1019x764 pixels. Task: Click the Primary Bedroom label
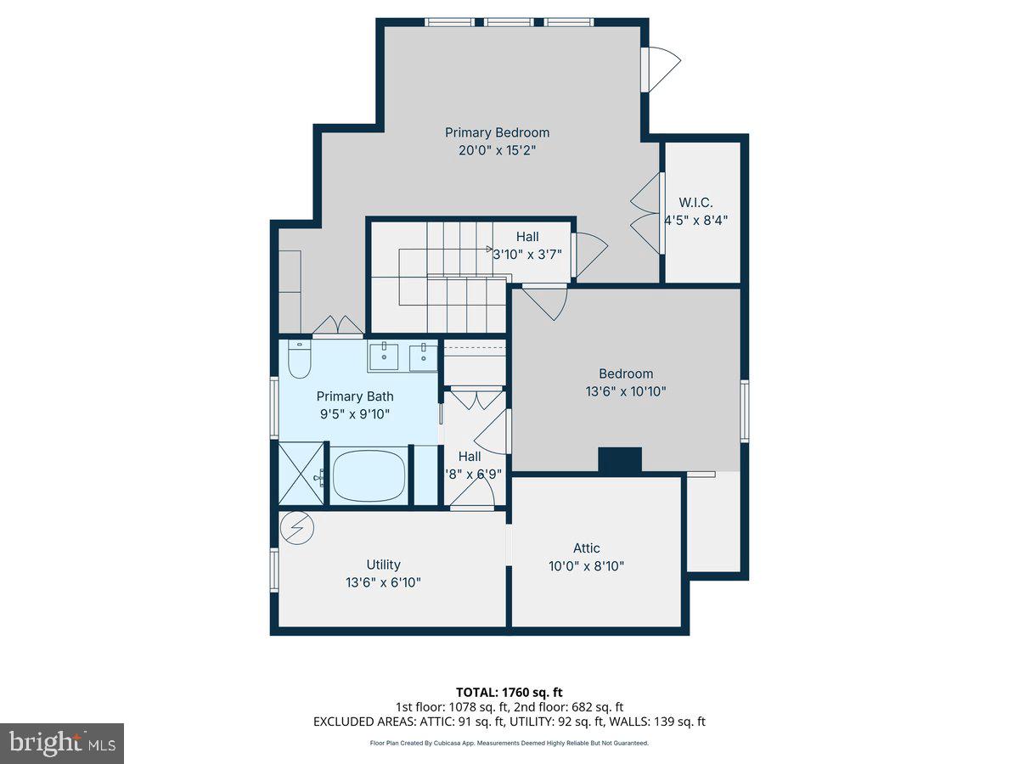(497, 132)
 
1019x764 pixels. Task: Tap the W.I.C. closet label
(695, 202)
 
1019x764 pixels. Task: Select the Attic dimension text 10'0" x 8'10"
(586, 566)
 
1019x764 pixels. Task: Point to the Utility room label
(383, 565)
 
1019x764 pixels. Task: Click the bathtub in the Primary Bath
(370, 476)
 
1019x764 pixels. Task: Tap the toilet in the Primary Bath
(299, 360)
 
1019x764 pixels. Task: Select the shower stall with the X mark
(298, 475)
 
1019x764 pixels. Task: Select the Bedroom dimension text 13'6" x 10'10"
(627, 391)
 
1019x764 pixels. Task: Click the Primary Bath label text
(355, 396)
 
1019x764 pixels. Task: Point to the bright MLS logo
(62, 743)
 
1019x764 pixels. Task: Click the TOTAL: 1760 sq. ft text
(509, 693)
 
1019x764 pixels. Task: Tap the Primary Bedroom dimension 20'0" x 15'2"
(497, 150)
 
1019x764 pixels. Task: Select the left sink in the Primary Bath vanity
(385, 357)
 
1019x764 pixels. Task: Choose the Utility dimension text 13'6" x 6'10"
(383, 582)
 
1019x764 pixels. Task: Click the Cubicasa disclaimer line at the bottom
(509, 743)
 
